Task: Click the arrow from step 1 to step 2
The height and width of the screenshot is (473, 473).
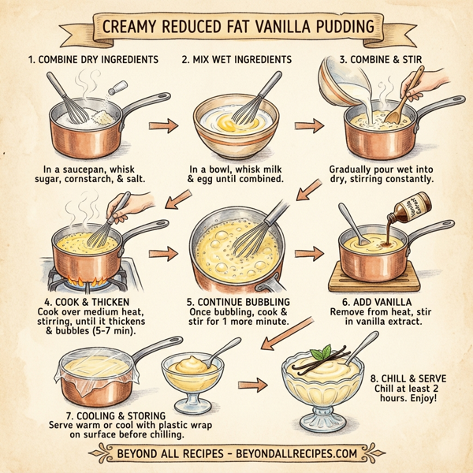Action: click(162, 125)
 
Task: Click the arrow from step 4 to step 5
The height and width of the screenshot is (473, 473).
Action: click(162, 254)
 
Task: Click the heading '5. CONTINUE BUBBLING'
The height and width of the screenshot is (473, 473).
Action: click(238, 301)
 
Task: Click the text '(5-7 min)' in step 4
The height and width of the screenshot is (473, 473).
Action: click(121, 330)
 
